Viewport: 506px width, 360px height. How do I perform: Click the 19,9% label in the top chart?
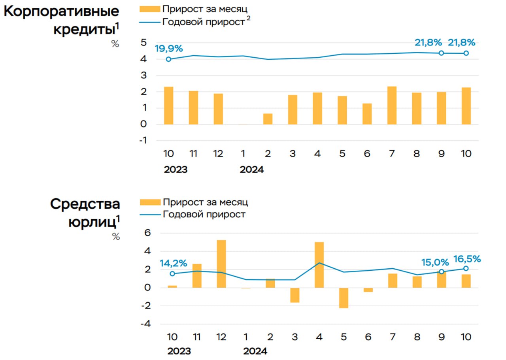(169, 49)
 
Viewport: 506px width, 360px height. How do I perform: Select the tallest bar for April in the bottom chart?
(319, 264)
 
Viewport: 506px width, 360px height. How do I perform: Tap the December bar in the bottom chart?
(221, 264)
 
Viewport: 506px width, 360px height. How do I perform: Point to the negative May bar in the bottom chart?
(344, 298)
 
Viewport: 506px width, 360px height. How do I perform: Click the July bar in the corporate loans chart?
(392, 105)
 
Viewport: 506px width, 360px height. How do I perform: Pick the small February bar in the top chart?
(268, 119)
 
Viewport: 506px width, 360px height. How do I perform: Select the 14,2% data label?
(173, 263)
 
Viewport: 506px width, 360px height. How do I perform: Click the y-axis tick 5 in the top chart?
(144, 43)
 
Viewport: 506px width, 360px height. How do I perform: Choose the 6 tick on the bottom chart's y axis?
(147, 233)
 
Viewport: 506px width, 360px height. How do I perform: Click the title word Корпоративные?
(61, 11)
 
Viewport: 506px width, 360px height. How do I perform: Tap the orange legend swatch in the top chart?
(150, 9)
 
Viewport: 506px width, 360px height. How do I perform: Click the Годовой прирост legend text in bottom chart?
(204, 214)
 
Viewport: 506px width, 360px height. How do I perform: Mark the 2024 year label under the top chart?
(252, 170)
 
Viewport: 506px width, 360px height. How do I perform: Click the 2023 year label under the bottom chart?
(179, 351)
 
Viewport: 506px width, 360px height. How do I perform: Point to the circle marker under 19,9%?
(169, 59)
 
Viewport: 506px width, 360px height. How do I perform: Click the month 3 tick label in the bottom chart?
(295, 337)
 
